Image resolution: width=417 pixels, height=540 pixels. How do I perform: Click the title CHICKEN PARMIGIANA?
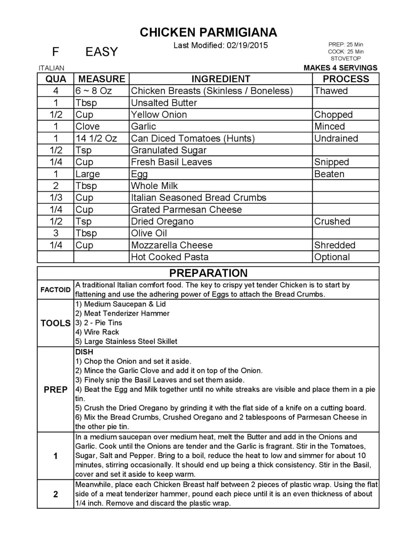coord(208,33)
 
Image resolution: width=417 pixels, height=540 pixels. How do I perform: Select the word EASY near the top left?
coord(101,52)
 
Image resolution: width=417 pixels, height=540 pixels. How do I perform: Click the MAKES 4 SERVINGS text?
coord(340,68)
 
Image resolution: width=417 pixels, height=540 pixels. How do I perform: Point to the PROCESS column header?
coord(346,79)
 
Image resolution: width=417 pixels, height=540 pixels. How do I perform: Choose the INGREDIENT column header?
coord(220,79)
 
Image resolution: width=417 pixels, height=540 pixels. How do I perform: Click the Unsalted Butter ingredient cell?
coord(164,103)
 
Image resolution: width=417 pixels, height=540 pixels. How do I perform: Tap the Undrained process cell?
coord(336,138)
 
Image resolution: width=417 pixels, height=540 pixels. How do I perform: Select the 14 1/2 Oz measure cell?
coord(96,138)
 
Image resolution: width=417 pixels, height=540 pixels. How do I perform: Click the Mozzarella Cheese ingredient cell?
coord(172,245)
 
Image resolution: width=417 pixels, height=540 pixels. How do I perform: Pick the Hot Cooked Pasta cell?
coord(169,257)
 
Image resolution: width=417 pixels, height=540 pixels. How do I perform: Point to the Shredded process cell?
coord(334,245)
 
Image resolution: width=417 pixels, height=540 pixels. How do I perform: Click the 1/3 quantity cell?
coord(56,198)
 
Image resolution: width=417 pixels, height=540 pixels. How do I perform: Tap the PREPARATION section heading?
coord(208,273)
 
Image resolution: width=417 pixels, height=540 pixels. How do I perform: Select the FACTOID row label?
coord(55,290)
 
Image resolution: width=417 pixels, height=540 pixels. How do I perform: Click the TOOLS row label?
coord(55,323)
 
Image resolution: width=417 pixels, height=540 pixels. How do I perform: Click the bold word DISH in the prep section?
coord(84,352)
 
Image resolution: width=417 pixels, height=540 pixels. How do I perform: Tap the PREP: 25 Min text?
coord(346,45)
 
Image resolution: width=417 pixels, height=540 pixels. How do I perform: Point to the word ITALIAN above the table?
coord(51,68)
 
